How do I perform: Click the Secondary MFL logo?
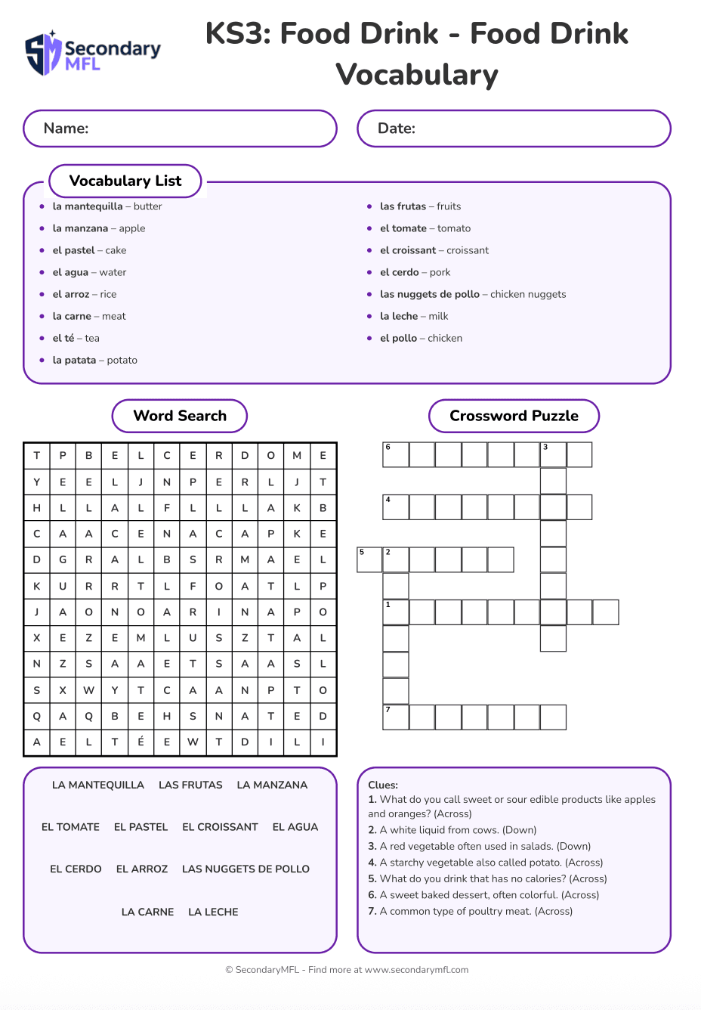pos(93,54)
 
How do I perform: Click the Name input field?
pos(180,129)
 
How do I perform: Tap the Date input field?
pos(514,129)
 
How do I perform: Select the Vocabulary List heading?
pos(125,181)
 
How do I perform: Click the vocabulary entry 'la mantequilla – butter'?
pos(107,206)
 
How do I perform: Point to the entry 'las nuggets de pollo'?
pos(472,294)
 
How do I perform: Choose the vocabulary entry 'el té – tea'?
pos(76,338)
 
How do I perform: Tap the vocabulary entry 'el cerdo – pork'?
pos(415,272)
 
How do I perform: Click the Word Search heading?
pos(180,416)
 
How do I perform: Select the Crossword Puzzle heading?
pos(514,416)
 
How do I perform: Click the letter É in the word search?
pos(141,742)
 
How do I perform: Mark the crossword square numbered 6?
pos(396,455)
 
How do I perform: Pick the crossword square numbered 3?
pos(553,455)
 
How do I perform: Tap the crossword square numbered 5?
pos(369,560)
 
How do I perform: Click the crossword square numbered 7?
pos(396,717)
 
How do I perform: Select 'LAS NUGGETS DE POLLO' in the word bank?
pos(246,869)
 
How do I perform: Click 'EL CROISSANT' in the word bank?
pos(220,827)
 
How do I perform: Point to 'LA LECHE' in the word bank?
pos(213,912)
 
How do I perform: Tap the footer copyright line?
pos(347,970)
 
